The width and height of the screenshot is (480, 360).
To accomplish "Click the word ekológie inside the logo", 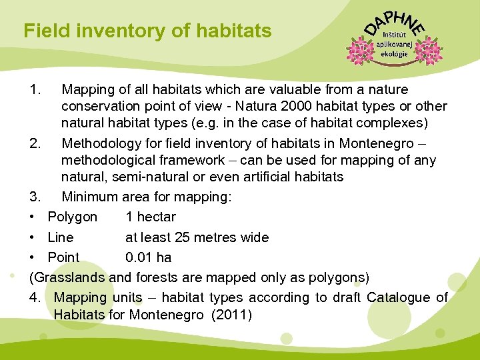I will [x=395, y=55].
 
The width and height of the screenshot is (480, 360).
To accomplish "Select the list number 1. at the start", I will [x=37, y=89].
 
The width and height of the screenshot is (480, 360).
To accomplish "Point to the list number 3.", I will [x=37, y=197].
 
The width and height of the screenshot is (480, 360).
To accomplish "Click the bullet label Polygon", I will [x=73, y=217].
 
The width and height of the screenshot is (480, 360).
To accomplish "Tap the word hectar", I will [x=156, y=217].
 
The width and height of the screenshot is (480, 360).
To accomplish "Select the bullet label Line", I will [x=61, y=237].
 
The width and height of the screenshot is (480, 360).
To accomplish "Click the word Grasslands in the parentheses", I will [x=69, y=277].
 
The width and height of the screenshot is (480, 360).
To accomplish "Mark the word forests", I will [x=157, y=277].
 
